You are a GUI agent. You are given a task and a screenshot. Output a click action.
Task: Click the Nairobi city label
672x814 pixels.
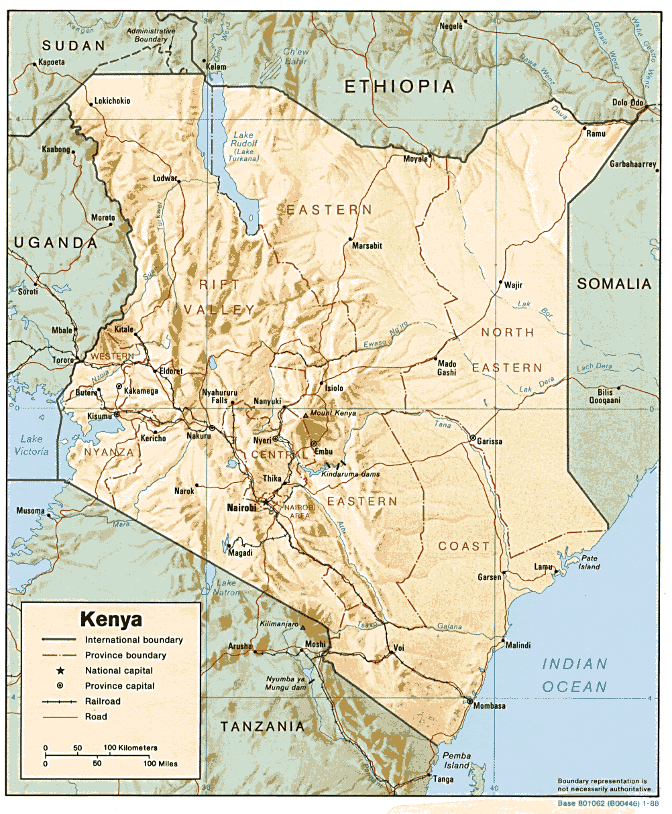coord(241,508)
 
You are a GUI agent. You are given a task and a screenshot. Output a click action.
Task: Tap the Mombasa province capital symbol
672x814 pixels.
coord(469,701)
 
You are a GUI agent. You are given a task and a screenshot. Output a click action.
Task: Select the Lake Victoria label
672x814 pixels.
coord(32,445)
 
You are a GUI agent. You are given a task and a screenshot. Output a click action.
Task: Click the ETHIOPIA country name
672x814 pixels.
coord(400,86)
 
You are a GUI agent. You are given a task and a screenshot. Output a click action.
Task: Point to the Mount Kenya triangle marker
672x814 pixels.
coord(305,416)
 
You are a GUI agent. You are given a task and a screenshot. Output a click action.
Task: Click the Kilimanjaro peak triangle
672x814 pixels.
coord(302,628)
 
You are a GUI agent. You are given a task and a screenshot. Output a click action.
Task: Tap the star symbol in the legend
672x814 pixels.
coord(60,671)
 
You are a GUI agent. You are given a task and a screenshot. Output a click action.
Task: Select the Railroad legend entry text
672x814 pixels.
coord(103,701)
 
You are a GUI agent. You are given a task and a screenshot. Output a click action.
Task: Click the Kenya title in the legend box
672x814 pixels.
coord(111,618)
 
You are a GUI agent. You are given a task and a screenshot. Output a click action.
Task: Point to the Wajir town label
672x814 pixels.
coord(513,285)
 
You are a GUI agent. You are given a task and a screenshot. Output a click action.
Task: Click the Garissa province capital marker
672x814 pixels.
coord(473,438)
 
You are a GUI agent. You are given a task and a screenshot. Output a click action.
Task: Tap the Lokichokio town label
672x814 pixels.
coord(112,101)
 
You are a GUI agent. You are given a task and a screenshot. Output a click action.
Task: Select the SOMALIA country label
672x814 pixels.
coord(614,284)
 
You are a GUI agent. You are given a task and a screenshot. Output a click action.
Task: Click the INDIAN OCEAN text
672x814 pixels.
coord(575,675)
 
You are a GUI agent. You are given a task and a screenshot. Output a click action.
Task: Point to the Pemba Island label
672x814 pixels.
coord(456,760)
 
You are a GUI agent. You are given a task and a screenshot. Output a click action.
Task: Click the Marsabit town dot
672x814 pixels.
coord(350,239)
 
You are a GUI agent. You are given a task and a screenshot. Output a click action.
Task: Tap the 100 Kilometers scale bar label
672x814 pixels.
coord(131,748)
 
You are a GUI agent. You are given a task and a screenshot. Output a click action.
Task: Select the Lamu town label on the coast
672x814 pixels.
coord(543,567)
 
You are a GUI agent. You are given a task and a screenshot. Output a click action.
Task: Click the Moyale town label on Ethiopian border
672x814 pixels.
coord(415,159)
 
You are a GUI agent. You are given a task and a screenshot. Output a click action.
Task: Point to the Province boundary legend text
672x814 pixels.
coord(125,655)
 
